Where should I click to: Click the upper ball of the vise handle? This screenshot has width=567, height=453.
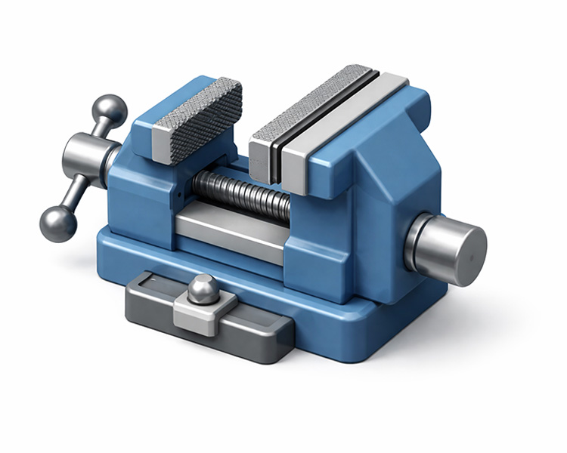pyautogui.click(x=110, y=109)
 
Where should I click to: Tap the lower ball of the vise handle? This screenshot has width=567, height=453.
pyautogui.click(x=58, y=224)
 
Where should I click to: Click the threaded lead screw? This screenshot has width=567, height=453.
pyautogui.click(x=242, y=193)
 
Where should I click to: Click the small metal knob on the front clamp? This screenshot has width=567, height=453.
pyautogui.click(x=203, y=288)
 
